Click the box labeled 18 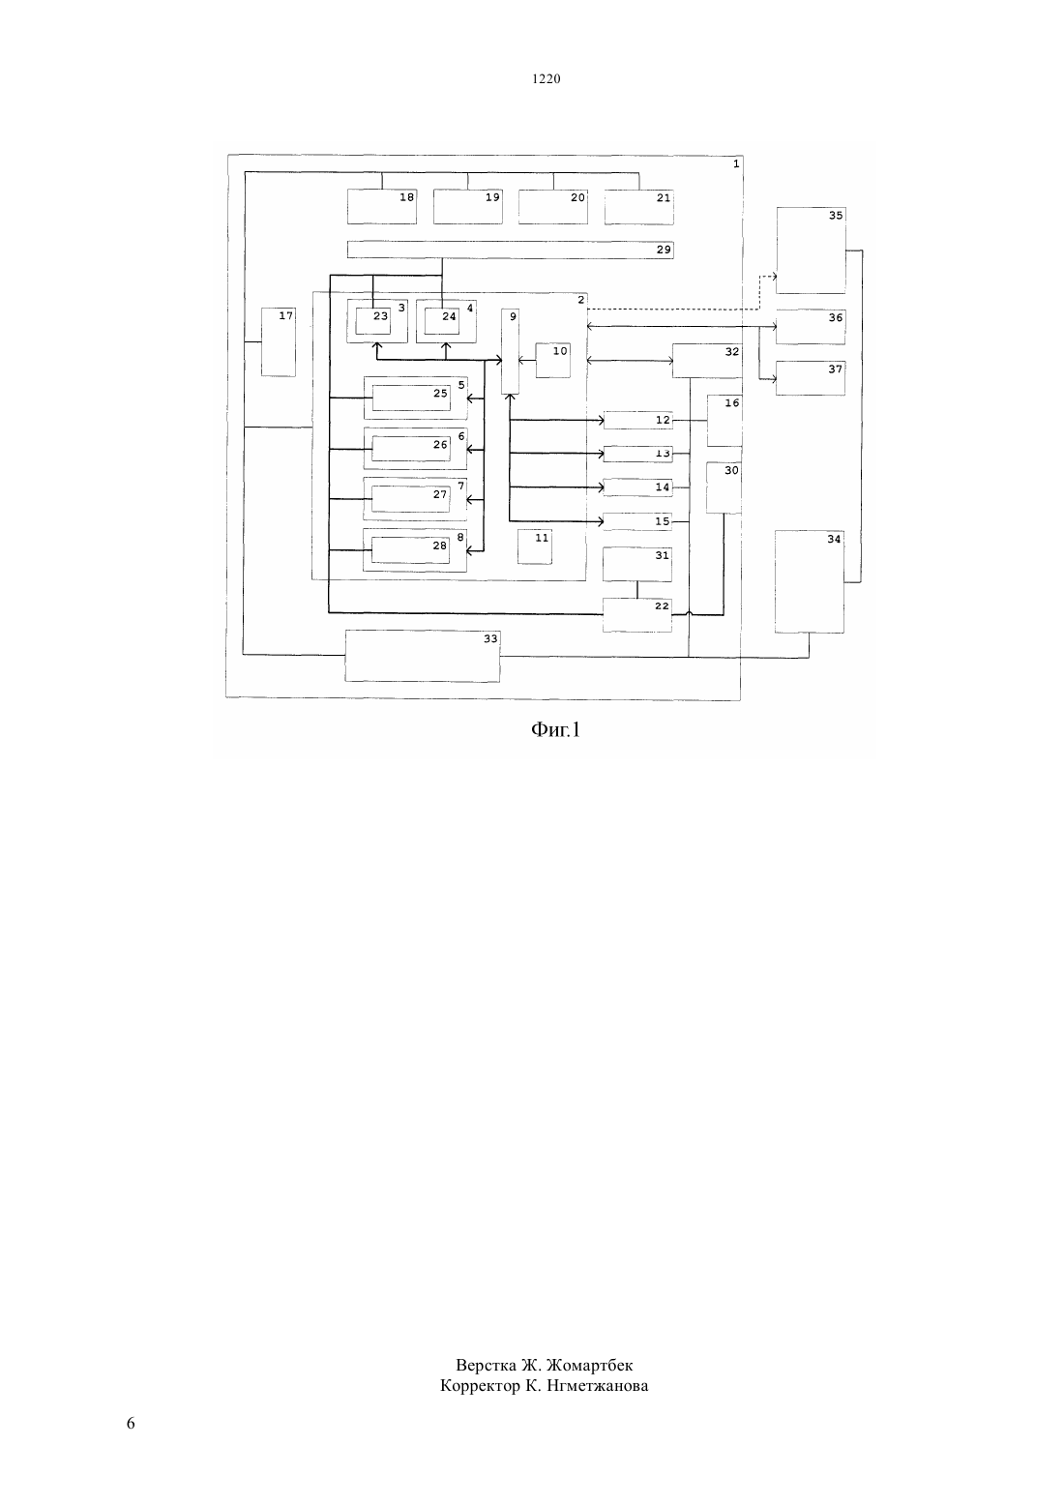click(x=381, y=207)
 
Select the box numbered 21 click(x=638, y=207)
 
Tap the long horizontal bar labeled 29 click(x=510, y=250)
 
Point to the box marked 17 click(x=279, y=342)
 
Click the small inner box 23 click(x=372, y=321)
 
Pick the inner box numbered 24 click(x=442, y=321)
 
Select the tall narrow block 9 click(x=511, y=351)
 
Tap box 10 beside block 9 click(x=553, y=360)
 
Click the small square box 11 click(x=535, y=546)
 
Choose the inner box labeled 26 click(x=411, y=449)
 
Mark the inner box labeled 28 click(x=410, y=550)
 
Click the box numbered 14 click(x=637, y=487)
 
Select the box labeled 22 click(x=636, y=615)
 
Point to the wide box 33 click(x=423, y=656)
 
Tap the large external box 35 click(x=811, y=251)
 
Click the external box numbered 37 click(x=811, y=377)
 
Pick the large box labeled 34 click(x=810, y=582)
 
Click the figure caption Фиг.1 click(x=555, y=729)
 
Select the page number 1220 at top click(x=547, y=78)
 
